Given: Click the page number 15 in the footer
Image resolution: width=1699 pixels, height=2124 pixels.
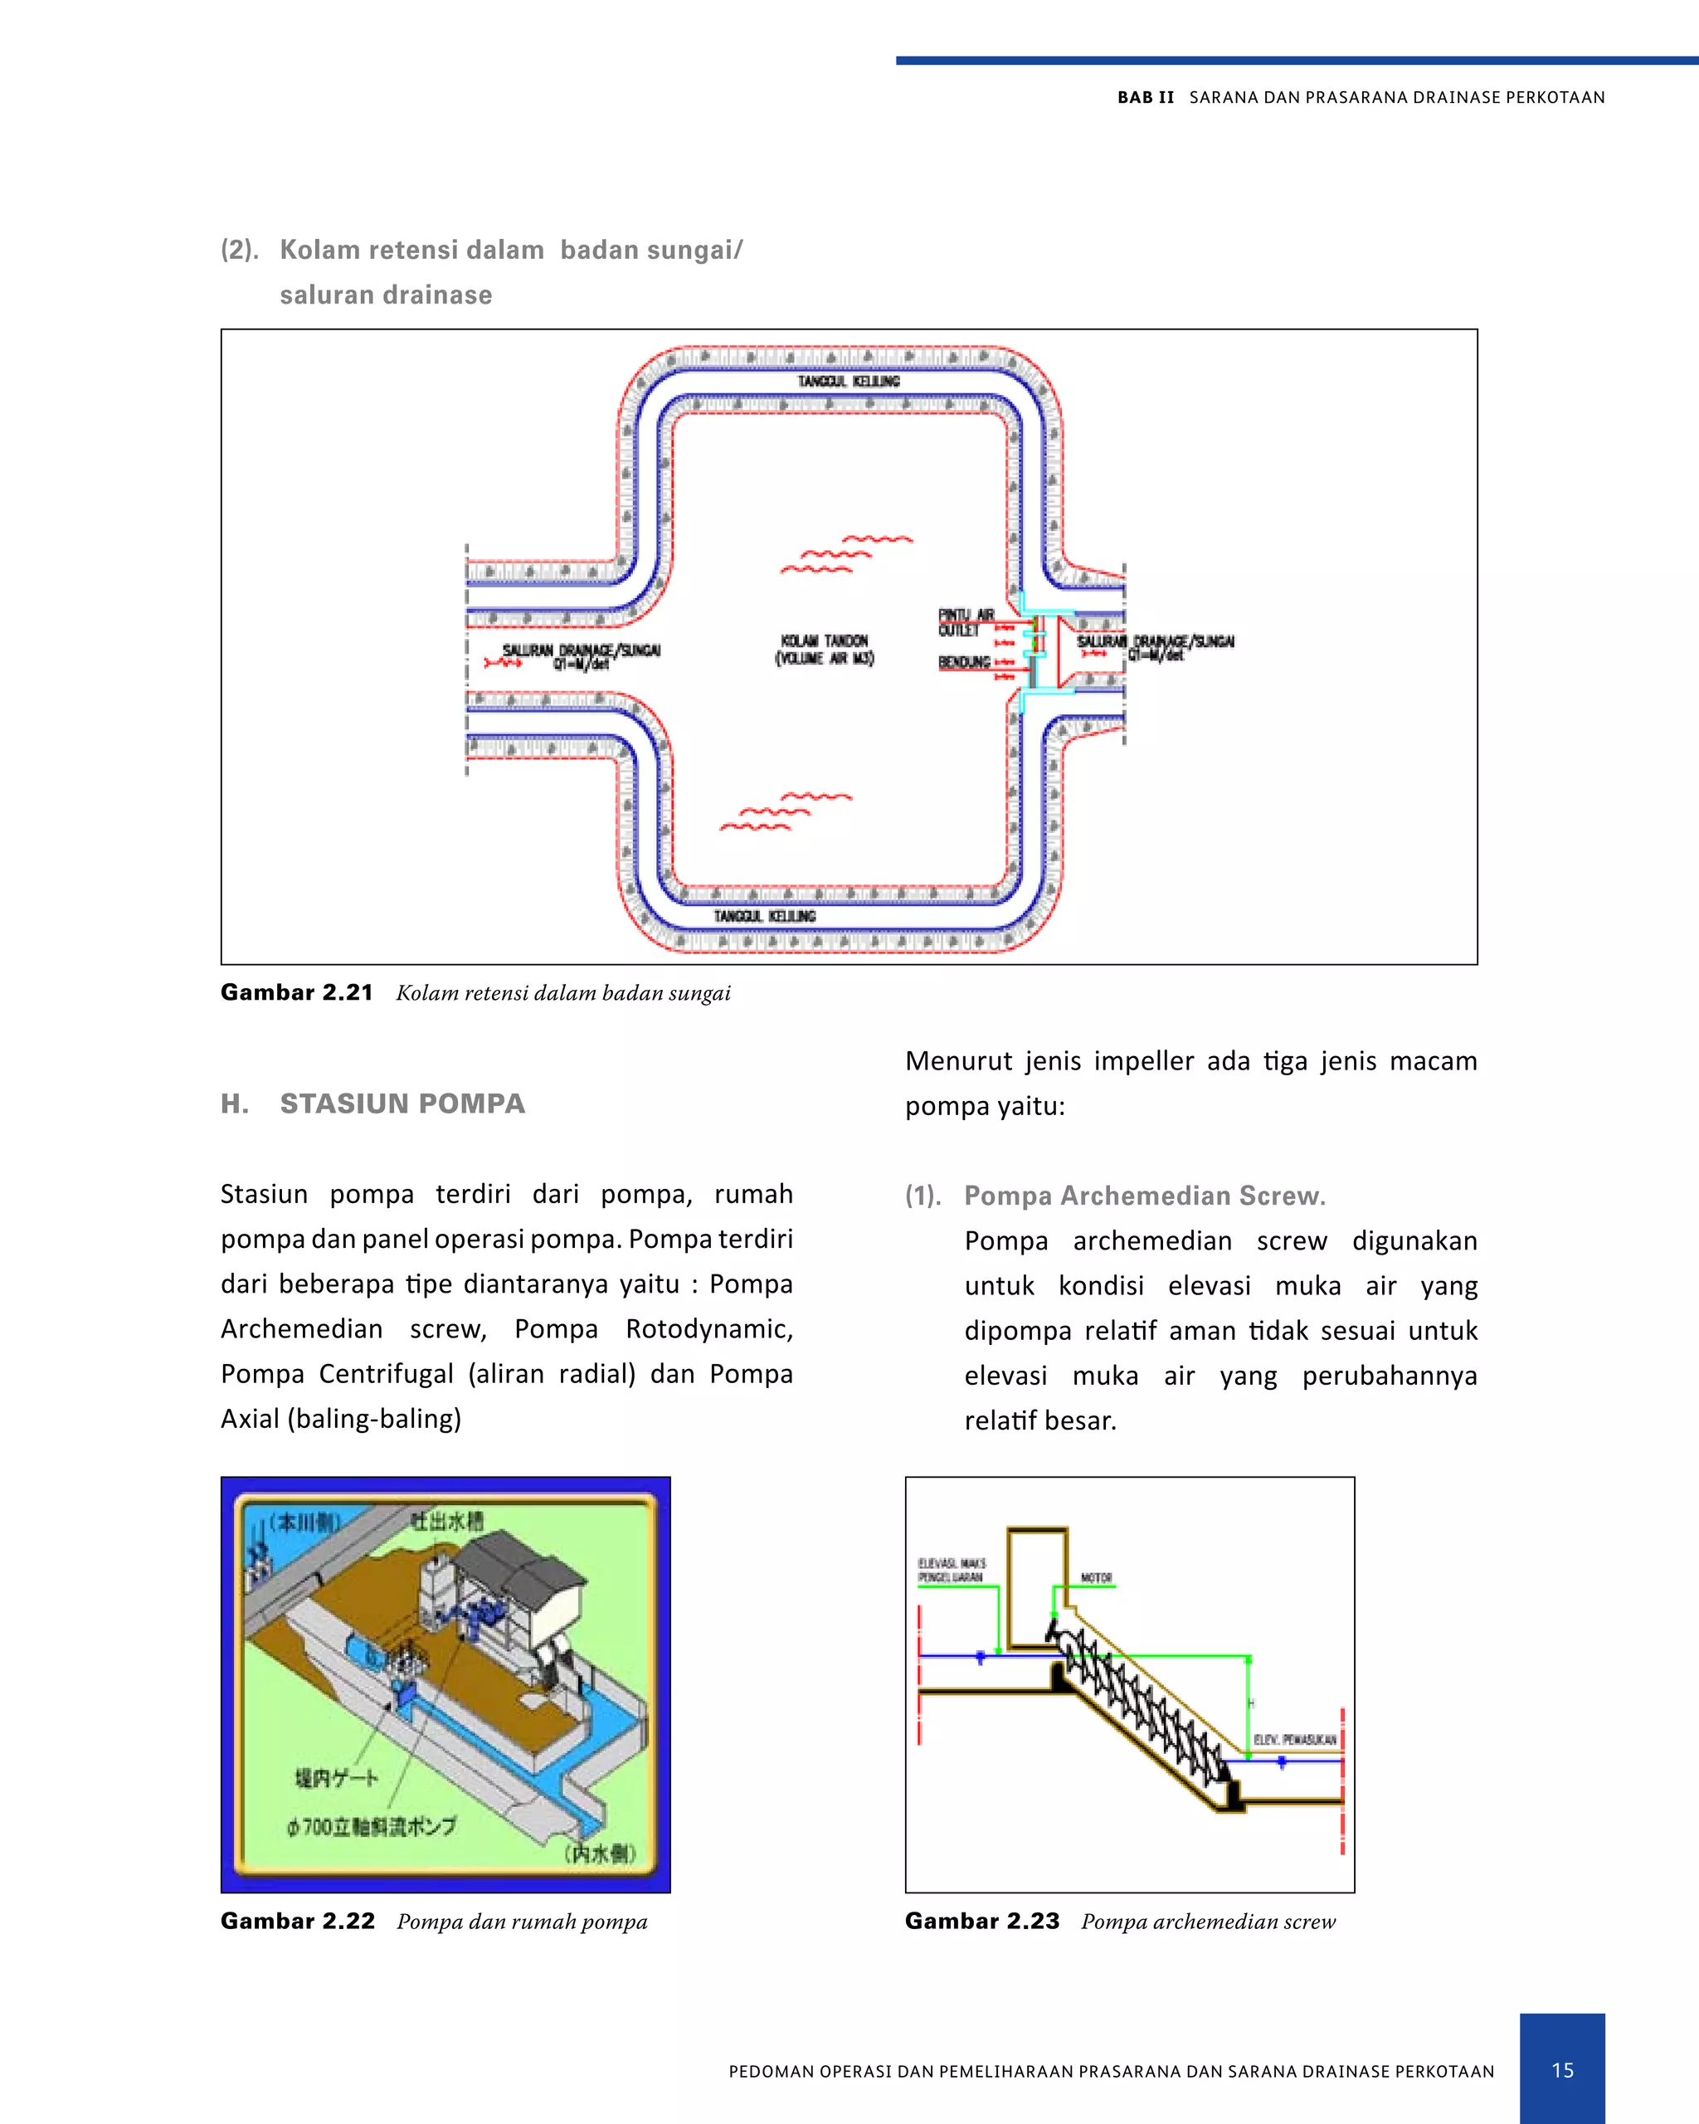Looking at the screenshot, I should (x=1562, y=2070).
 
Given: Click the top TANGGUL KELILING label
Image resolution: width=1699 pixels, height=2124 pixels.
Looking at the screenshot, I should (x=848, y=382).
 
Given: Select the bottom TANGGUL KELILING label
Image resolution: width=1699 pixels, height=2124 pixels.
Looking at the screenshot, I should (x=764, y=916).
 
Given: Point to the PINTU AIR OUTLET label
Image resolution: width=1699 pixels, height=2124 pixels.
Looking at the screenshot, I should (x=966, y=622).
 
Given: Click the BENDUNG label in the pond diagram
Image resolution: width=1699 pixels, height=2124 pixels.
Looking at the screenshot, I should (x=964, y=662).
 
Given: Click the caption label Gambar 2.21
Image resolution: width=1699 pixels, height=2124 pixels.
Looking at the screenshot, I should (x=296, y=992).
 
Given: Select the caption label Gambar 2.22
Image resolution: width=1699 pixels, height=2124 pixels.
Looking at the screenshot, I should (x=298, y=1921).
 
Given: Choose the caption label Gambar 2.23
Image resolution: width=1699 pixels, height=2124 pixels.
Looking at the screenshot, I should (x=982, y=1921).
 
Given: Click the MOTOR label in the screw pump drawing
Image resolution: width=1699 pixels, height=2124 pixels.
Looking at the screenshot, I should (x=1096, y=1577).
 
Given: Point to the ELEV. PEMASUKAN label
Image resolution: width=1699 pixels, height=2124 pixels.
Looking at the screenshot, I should (x=1294, y=1740).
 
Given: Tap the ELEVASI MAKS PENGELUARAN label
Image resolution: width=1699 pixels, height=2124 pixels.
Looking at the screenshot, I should (x=952, y=1571).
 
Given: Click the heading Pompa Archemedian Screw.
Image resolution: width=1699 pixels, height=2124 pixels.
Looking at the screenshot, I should (x=1145, y=1195).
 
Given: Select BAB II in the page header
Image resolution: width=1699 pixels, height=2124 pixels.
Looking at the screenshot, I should (x=1146, y=98).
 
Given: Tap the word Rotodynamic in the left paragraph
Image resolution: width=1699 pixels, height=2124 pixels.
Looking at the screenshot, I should (x=709, y=1329).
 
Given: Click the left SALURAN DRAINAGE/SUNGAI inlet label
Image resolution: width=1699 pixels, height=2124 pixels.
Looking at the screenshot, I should (x=581, y=655).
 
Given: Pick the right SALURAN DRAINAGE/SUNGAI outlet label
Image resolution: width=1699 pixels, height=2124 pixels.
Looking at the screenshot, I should (x=1156, y=646).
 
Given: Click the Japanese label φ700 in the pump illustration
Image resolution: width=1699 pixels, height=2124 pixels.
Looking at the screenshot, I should (x=372, y=1826).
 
